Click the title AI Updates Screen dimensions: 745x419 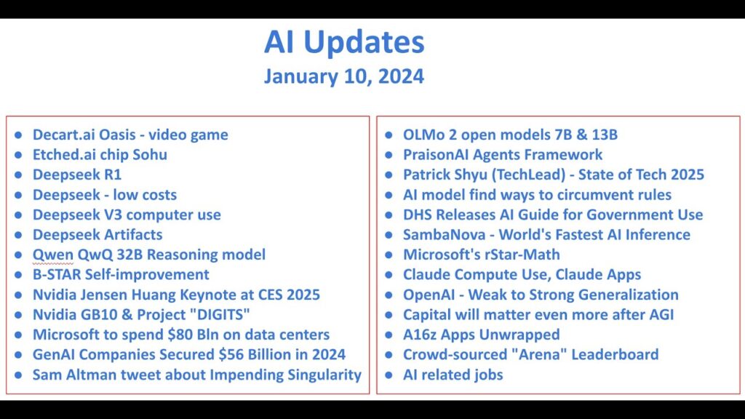[x=344, y=43]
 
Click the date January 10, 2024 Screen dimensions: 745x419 [x=344, y=76]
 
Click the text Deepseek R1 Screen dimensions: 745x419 [x=77, y=175]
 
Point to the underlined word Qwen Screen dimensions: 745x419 [x=52, y=255]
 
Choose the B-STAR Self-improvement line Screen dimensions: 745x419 [x=121, y=274]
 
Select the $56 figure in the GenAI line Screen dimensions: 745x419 [x=231, y=354]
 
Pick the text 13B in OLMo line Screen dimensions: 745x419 [x=605, y=135]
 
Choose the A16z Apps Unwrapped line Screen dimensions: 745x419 [x=482, y=335]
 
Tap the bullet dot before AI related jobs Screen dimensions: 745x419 [x=389, y=375]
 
